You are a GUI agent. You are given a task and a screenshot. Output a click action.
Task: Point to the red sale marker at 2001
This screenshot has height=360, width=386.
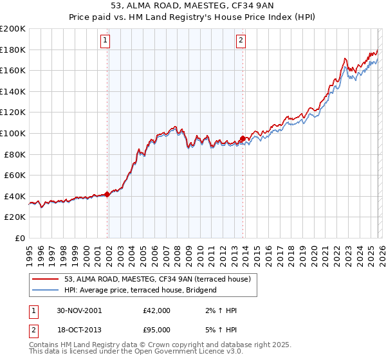[x=107, y=194]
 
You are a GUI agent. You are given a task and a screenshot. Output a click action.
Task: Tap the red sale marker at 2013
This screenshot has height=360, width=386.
[x=243, y=138]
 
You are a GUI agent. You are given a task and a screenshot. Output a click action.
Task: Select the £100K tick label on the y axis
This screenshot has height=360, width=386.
[x=13, y=133]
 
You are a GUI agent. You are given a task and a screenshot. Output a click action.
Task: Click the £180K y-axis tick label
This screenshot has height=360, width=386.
[x=13, y=50]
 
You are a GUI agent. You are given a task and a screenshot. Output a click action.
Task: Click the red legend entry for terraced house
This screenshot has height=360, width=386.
[x=161, y=279]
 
